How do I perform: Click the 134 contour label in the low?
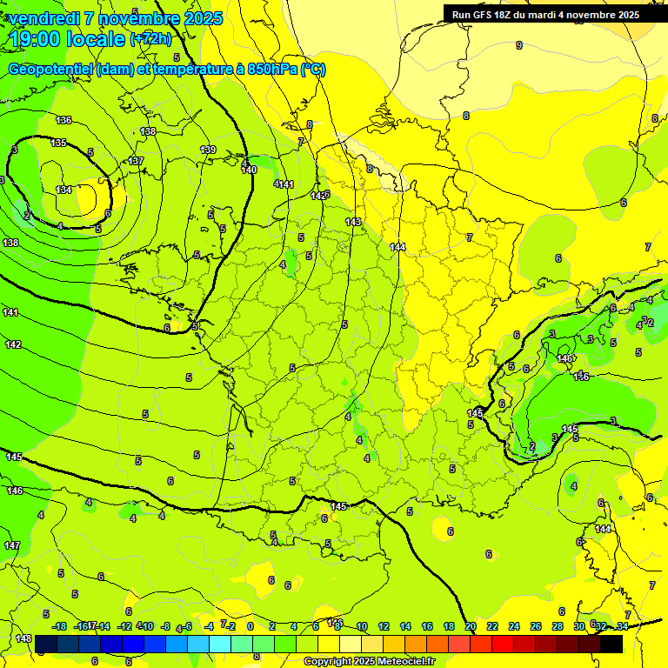(x=63, y=190)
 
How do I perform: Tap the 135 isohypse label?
(x=58, y=143)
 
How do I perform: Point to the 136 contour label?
(x=63, y=120)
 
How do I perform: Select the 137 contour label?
(x=136, y=162)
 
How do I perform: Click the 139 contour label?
(x=208, y=150)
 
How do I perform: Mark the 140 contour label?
(x=249, y=170)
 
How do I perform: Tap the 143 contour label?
(x=353, y=223)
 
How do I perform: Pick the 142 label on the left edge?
(x=13, y=345)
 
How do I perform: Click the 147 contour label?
(x=13, y=545)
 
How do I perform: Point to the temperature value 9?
(x=519, y=45)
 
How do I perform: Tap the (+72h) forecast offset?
(x=150, y=39)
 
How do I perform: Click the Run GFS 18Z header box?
(x=545, y=14)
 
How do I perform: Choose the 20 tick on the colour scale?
(x=471, y=626)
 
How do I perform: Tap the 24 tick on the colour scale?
(x=513, y=626)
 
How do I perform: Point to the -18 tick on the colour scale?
(x=60, y=626)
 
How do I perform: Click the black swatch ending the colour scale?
(x=611, y=644)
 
